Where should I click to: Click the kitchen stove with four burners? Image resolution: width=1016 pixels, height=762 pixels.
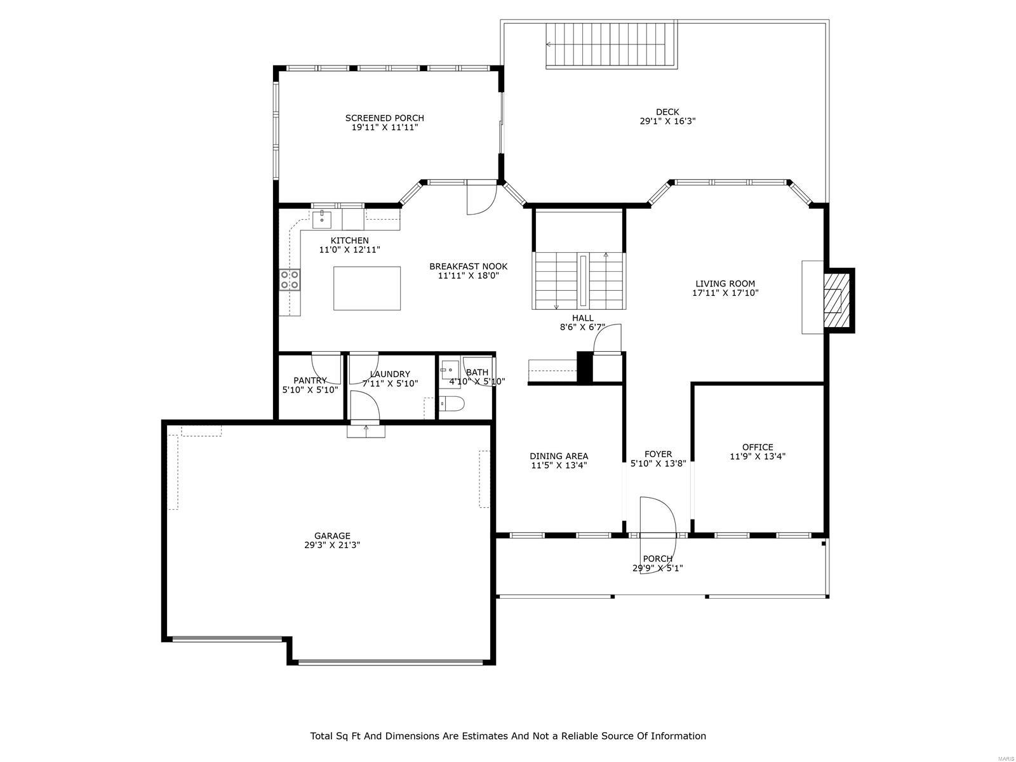click(x=290, y=279)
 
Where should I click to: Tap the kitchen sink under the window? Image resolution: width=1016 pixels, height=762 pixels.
click(x=322, y=220)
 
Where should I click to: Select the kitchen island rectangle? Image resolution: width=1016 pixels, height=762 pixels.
click(x=367, y=288)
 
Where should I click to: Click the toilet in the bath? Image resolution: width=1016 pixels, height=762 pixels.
click(x=453, y=403)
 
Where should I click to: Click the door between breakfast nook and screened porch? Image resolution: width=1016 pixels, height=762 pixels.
click(x=480, y=198)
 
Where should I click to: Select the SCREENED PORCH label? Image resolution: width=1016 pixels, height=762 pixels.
click(x=384, y=118)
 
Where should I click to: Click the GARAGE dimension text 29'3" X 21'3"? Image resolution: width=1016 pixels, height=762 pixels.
click(x=332, y=545)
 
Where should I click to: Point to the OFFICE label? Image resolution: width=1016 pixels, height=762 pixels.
click(x=758, y=447)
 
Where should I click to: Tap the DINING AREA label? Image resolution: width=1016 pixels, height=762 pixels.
click(x=559, y=456)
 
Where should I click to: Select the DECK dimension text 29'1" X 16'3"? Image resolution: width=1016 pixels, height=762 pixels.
click(x=667, y=121)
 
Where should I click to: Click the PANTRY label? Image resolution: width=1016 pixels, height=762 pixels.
click(x=310, y=380)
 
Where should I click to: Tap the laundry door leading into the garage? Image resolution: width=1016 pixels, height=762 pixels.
click(x=364, y=406)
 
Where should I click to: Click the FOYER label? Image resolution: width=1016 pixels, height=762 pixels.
click(x=658, y=454)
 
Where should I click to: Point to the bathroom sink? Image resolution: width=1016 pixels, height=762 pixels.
click(x=450, y=369)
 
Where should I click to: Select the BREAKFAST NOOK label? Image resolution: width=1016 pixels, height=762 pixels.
click(x=468, y=266)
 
